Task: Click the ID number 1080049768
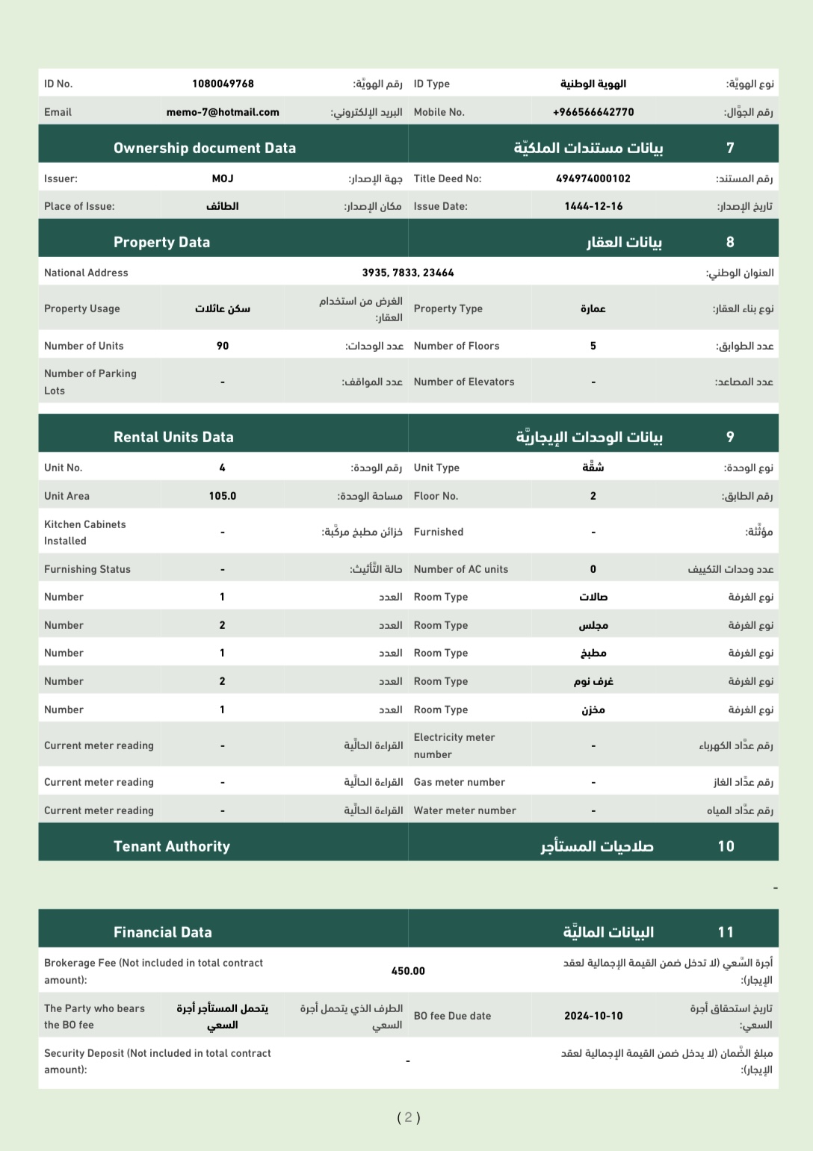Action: [223, 84]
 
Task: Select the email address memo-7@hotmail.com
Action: [223, 112]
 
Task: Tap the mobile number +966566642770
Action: [593, 112]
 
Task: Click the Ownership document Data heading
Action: [205, 148]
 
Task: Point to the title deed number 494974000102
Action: [593, 179]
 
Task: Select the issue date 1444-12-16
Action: [593, 206]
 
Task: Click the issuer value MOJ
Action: [223, 179]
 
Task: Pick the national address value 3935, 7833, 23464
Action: [408, 273]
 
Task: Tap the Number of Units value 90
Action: [223, 346]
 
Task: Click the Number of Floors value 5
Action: [593, 346]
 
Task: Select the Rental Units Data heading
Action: [173, 437]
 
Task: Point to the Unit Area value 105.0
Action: [223, 496]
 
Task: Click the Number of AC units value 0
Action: [593, 569]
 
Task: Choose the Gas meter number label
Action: [460, 782]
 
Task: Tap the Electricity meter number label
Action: [454, 745]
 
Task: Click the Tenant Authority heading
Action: [172, 846]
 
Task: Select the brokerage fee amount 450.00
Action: [408, 971]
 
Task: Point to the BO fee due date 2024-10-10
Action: [593, 1016]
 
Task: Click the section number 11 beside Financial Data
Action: [726, 932]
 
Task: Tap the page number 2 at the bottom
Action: [408, 1117]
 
